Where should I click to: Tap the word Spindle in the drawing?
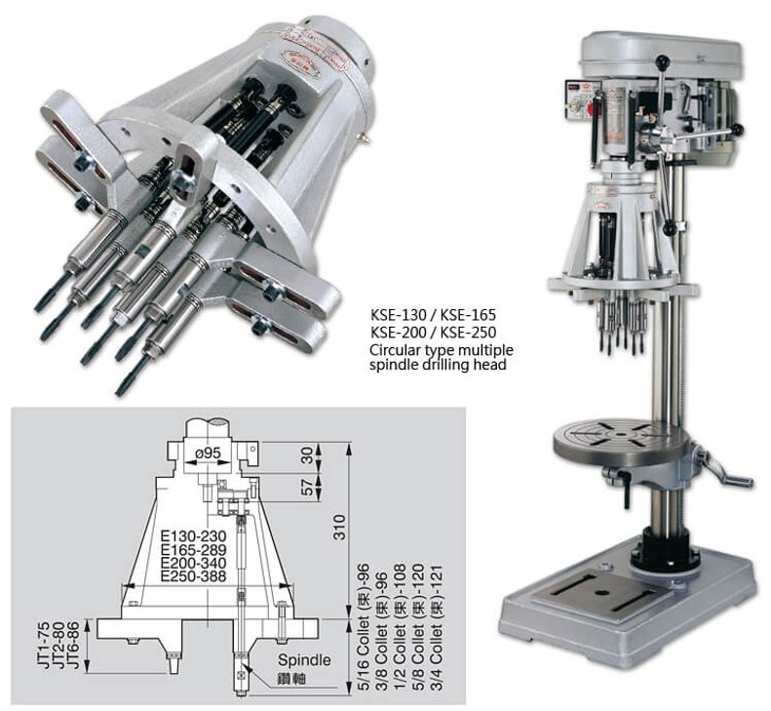point(303,660)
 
